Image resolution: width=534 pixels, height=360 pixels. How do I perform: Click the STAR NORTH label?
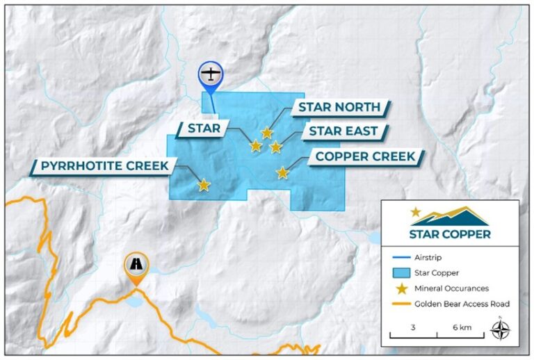tap(339, 107)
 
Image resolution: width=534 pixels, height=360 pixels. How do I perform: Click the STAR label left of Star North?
tap(204, 128)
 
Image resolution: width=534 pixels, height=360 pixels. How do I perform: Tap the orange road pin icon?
tap(136, 265)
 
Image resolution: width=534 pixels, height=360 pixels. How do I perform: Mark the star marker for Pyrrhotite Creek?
tap(204, 185)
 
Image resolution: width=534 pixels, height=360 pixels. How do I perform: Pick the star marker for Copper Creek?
tap(282, 172)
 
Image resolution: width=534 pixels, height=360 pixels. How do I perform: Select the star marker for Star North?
tap(267, 133)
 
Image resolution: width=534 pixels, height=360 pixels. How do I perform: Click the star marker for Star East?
tap(276, 147)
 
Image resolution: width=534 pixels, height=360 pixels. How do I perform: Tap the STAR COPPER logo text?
tap(449, 234)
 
